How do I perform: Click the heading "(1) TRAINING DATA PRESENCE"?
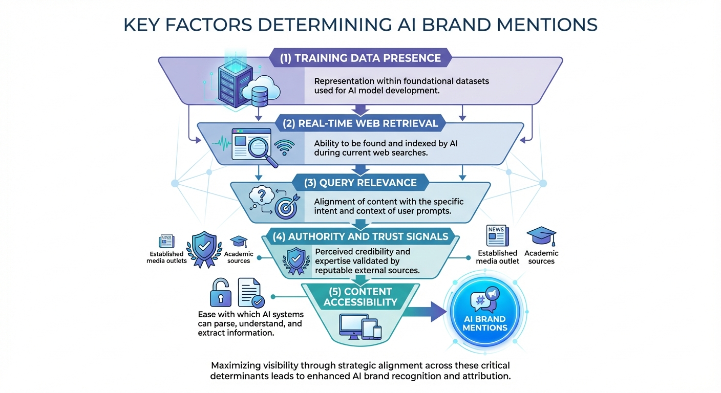[x=360, y=58]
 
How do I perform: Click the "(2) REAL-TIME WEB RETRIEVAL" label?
[x=360, y=123]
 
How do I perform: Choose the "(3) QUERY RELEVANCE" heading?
[x=360, y=183]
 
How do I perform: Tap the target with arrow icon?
[x=285, y=207]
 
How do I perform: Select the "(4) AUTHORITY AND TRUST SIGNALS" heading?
[x=360, y=236]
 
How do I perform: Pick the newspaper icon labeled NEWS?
[x=497, y=236]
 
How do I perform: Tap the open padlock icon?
[x=220, y=293]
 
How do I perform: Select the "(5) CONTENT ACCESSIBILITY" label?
[x=360, y=297]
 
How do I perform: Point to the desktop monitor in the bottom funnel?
[x=353, y=326]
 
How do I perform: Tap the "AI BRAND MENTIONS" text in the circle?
[x=484, y=323]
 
